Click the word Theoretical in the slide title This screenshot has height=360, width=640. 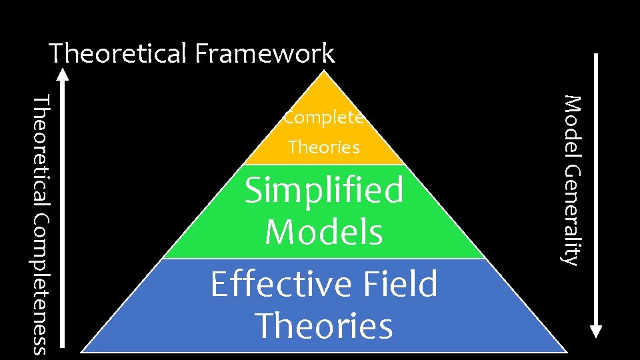coord(119,53)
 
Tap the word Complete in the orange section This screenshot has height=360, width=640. coord(324,119)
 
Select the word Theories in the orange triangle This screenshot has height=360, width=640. coord(324,147)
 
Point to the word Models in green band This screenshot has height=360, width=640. coord(324,232)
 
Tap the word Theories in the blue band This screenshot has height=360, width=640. coord(324,326)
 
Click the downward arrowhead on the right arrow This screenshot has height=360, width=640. coord(596,331)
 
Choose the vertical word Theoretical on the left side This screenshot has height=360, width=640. coord(41,153)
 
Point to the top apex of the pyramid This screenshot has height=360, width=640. coord(324,72)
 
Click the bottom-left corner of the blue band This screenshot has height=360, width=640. coord(83,351)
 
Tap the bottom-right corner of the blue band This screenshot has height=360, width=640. coord(565,351)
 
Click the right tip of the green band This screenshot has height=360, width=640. coord(485,257)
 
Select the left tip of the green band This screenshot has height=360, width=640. coord(164,257)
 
